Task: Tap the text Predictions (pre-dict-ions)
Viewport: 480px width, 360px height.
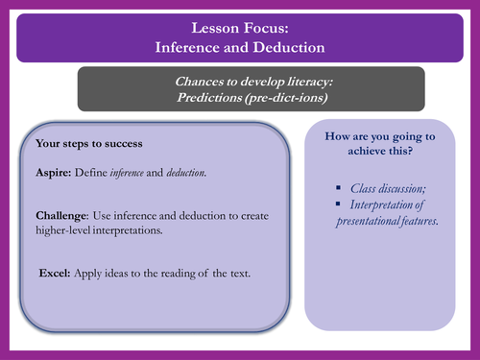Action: click(x=239, y=99)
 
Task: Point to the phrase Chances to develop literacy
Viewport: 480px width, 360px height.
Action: click(x=239, y=83)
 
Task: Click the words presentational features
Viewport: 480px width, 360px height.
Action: click(x=386, y=221)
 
